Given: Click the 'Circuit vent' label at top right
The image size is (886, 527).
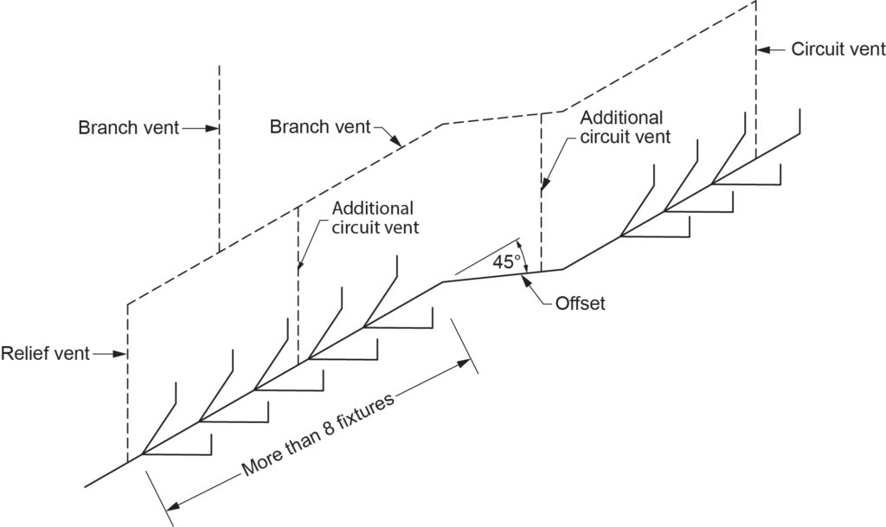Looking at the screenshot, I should coord(838,49).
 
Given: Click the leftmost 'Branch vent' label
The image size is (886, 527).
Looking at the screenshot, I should coord(129,128).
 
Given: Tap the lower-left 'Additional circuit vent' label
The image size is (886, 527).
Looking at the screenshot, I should coord(372,218).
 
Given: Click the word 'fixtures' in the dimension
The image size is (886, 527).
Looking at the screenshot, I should coord(363,412).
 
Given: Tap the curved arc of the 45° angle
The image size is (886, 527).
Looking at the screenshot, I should coord(521,255).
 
